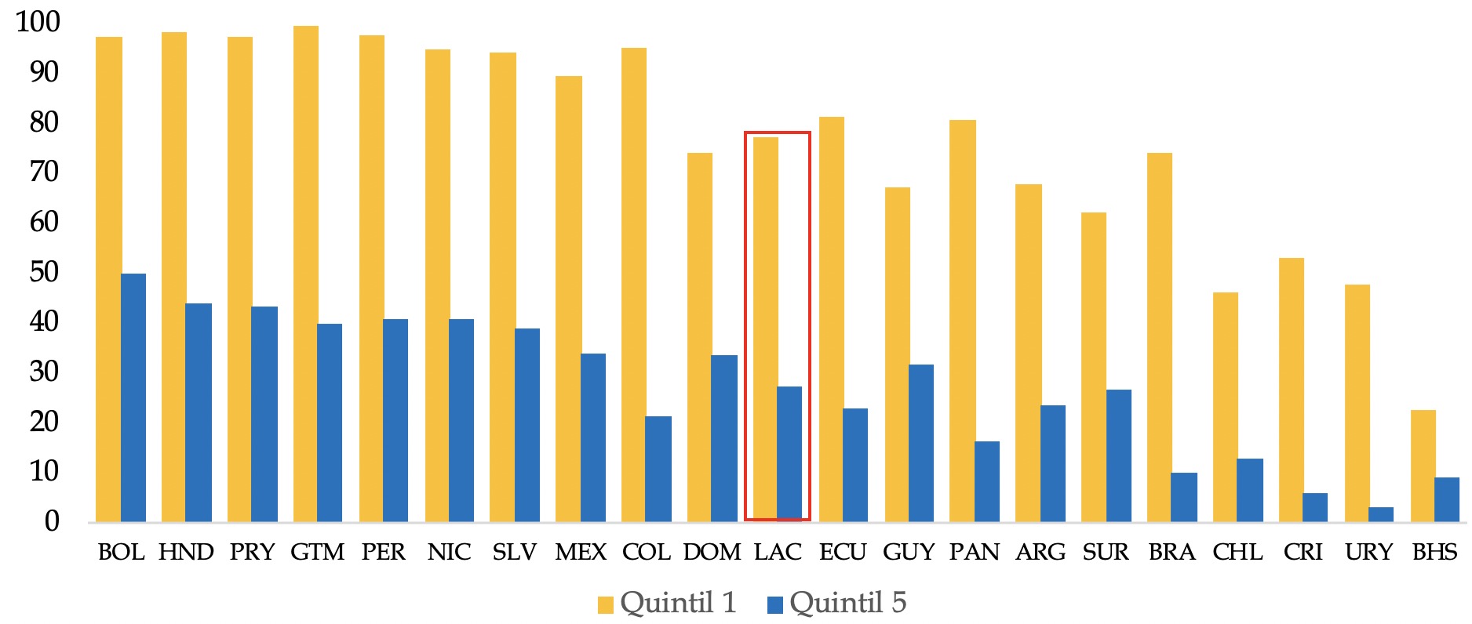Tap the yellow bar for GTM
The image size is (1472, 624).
point(305,274)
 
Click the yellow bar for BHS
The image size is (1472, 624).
point(1423,466)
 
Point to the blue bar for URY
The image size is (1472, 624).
point(1381,514)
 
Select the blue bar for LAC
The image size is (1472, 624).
point(789,454)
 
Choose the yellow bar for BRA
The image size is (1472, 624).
point(1159,337)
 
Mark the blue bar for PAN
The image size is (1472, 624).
point(987,481)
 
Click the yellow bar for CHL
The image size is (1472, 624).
point(1225,407)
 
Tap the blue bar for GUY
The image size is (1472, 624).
point(921,443)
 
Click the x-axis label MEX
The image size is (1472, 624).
point(581,553)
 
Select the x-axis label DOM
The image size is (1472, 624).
point(712,553)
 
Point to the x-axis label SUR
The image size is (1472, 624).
point(1106,553)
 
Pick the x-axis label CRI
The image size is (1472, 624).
point(1303,553)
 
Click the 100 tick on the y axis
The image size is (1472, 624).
point(38,22)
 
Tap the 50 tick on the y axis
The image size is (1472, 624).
point(44,272)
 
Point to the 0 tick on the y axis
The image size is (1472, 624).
point(52,521)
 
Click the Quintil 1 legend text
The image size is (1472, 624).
point(678,603)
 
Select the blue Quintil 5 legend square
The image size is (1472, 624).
point(774,605)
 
